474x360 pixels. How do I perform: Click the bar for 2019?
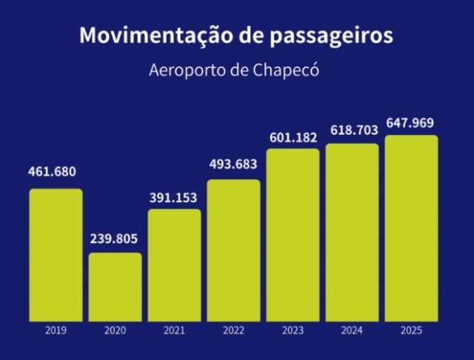coord(56,255)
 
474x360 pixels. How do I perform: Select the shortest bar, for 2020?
coord(115,287)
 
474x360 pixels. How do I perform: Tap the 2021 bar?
coord(174,265)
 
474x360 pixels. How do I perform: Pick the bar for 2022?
coord(233,250)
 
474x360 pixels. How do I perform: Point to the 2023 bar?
coord(293,235)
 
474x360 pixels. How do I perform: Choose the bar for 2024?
coord(352,233)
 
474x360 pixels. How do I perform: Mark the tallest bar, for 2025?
coord(411,228)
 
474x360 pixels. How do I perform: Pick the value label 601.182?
coord(293,136)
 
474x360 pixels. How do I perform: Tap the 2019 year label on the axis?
coord(56,331)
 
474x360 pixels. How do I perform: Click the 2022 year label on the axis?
coord(233,331)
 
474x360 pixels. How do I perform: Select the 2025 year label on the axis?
coord(411,331)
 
